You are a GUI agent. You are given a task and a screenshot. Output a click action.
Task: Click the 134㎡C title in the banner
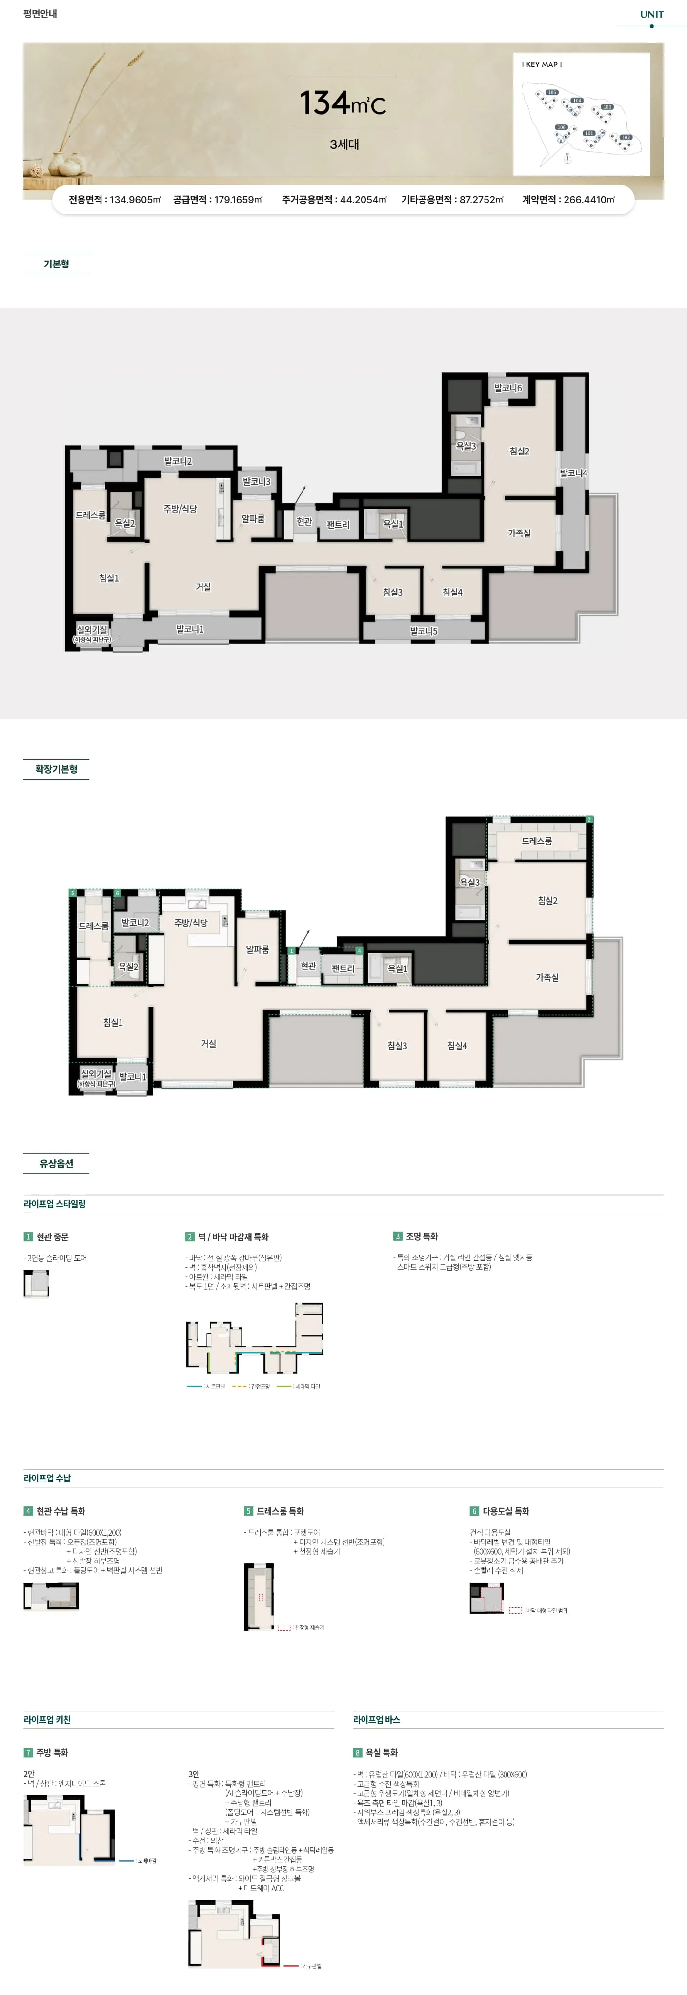(x=343, y=103)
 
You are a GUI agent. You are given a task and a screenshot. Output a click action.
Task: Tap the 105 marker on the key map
(x=551, y=92)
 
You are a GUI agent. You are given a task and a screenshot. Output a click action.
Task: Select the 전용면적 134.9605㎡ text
(x=115, y=200)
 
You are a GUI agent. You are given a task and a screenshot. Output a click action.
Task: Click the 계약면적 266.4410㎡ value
(x=568, y=200)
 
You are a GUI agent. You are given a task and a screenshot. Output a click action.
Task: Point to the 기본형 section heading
(x=56, y=264)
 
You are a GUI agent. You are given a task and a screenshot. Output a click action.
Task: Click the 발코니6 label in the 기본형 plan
(x=508, y=388)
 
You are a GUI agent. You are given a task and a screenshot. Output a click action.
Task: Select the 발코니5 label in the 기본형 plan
(x=424, y=631)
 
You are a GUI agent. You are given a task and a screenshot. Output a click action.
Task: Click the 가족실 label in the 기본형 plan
(x=519, y=534)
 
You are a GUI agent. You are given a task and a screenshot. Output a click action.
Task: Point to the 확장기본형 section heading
(x=56, y=769)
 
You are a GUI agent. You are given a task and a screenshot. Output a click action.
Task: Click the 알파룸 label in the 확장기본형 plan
(x=257, y=949)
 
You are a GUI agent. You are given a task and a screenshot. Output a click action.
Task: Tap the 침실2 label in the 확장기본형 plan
(x=547, y=901)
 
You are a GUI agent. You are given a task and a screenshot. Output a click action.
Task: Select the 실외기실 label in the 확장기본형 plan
(x=96, y=1074)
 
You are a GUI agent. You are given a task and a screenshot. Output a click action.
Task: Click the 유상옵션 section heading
(x=56, y=1163)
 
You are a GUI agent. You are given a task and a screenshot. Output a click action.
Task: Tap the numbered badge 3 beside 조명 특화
(x=397, y=1236)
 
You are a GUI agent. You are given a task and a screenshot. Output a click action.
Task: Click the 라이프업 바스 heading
(x=376, y=1719)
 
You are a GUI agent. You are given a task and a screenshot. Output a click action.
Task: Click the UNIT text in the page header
(x=651, y=14)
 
